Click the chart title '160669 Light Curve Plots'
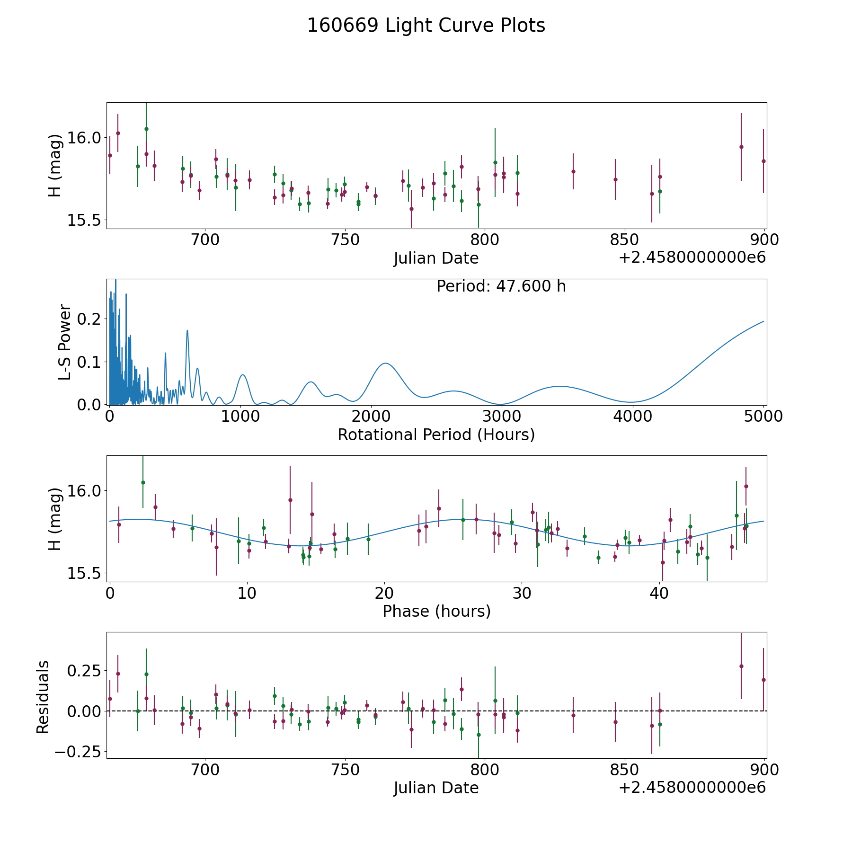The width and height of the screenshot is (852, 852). (426, 26)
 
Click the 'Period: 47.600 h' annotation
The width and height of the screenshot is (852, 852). (501, 286)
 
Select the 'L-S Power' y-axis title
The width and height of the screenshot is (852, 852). (65, 342)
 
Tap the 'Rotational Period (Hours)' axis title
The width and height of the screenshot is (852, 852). (436, 435)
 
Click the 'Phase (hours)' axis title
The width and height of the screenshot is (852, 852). (436, 611)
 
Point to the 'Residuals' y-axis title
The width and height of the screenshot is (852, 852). (43, 697)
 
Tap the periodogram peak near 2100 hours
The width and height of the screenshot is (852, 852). (386, 363)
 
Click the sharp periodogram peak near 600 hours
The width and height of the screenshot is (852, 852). (187, 330)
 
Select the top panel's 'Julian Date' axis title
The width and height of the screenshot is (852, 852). (436, 258)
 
